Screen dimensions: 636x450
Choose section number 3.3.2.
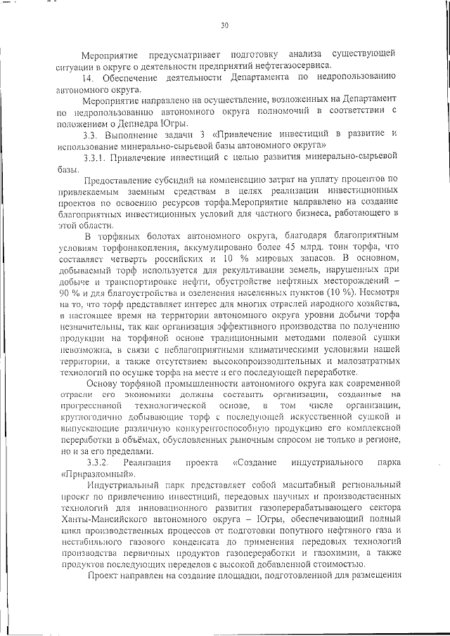[x=97, y=462]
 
